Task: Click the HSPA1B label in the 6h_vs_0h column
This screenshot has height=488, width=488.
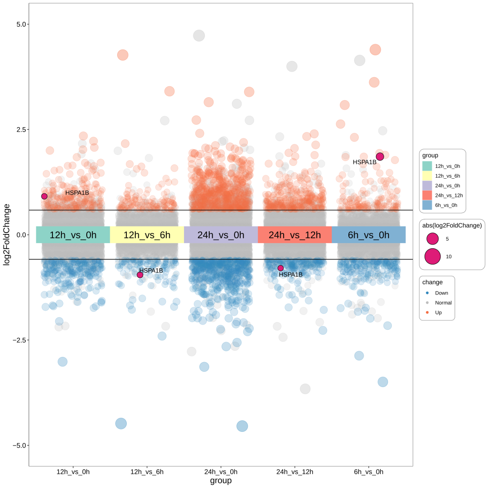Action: pos(365,162)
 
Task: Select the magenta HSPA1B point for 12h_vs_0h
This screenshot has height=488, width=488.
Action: pos(44,196)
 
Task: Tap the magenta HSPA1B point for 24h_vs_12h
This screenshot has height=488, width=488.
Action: pos(281,268)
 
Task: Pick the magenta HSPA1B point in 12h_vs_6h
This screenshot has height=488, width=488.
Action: pos(140,275)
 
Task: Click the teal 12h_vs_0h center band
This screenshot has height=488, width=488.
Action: pos(73,235)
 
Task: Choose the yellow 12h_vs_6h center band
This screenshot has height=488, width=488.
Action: pos(147,235)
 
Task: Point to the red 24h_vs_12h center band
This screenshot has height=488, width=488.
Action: pos(295,235)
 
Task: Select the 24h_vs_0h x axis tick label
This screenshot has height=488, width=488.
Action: pos(221,472)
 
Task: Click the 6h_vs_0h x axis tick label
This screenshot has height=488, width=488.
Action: pos(368,472)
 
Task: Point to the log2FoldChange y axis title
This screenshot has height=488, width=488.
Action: pos(7,234)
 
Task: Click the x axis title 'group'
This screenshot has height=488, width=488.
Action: pos(221,481)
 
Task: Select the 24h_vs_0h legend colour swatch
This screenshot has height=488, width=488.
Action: pos(427,185)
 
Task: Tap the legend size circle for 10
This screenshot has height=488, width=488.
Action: pos(433,256)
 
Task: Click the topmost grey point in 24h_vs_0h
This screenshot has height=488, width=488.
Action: pos(199,35)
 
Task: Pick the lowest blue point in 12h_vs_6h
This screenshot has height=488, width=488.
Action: pos(121,423)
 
